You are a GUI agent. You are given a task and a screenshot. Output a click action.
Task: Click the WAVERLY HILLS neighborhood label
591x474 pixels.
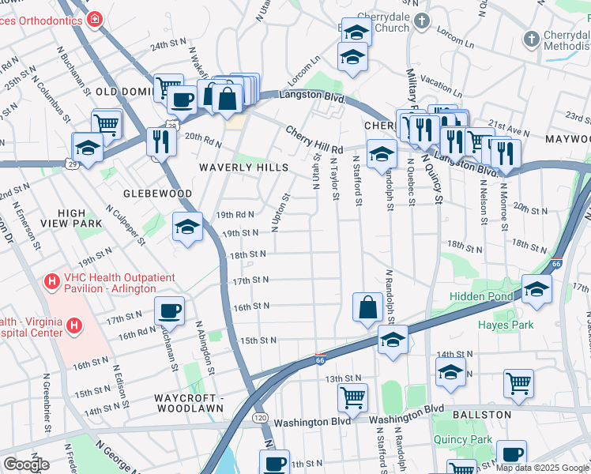[238, 167]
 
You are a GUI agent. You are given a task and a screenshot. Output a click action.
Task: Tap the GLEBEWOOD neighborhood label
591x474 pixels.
[158, 193]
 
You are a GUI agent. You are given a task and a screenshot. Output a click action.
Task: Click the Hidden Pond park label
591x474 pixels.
[480, 295]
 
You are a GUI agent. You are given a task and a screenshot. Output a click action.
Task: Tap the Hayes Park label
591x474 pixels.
[505, 325]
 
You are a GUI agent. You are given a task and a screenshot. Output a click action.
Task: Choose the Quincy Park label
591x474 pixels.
[462, 440]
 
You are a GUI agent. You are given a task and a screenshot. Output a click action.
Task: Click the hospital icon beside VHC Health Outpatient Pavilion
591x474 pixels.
[52, 280]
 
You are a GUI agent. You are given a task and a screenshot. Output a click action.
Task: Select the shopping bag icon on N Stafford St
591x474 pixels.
[368, 307]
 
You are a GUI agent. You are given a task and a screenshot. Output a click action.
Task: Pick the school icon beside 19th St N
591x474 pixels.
[187, 227]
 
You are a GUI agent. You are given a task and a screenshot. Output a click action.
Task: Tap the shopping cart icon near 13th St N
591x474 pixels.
[352, 395]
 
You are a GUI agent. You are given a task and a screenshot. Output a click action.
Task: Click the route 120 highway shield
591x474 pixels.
[258, 416]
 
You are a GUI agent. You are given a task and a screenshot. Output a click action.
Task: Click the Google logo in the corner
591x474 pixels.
[27, 465]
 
